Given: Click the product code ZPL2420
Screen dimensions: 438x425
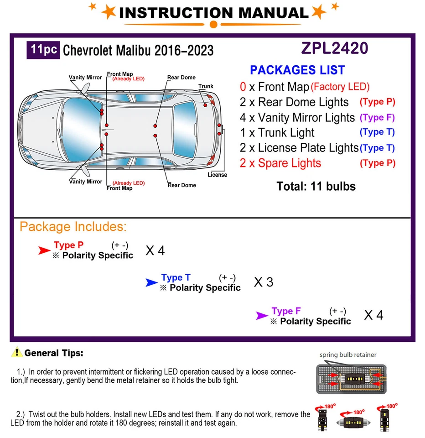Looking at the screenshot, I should click(x=334, y=48).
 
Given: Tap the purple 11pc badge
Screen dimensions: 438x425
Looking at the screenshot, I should click(x=43, y=49).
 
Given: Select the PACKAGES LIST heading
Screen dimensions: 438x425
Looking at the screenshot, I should click(x=297, y=70).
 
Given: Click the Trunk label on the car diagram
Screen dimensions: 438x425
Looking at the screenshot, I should click(x=206, y=86).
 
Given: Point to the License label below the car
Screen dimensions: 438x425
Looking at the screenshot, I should click(x=217, y=175).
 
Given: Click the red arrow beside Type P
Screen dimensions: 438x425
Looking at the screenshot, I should click(x=44, y=250).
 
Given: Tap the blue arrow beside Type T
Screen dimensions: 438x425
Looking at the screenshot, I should click(x=151, y=283).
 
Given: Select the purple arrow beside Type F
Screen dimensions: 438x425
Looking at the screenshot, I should click(x=262, y=316).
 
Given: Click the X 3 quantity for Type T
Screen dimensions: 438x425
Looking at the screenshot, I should click(x=263, y=282).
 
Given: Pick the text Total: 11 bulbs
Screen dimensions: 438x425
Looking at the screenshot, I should click(x=316, y=186).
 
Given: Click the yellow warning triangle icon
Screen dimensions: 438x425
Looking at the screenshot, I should click(x=17, y=352).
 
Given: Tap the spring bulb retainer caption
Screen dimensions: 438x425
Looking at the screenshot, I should click(x=348, y=355).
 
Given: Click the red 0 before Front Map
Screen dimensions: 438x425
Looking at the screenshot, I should click(x=243, y=87).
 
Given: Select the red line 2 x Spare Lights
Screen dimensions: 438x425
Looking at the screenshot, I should click(x=280, y=163).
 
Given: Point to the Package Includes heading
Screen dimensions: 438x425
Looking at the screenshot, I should click(x=73, y=226).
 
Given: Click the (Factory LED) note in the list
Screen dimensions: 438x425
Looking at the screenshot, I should click(x=340, y=87).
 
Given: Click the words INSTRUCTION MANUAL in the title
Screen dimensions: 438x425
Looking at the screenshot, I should click(x=213, y=13).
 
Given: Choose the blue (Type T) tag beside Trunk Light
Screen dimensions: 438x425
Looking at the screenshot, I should click(x=377, y=132).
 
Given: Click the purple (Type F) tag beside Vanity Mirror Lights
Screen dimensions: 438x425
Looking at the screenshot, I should click(x=377, y=117).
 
